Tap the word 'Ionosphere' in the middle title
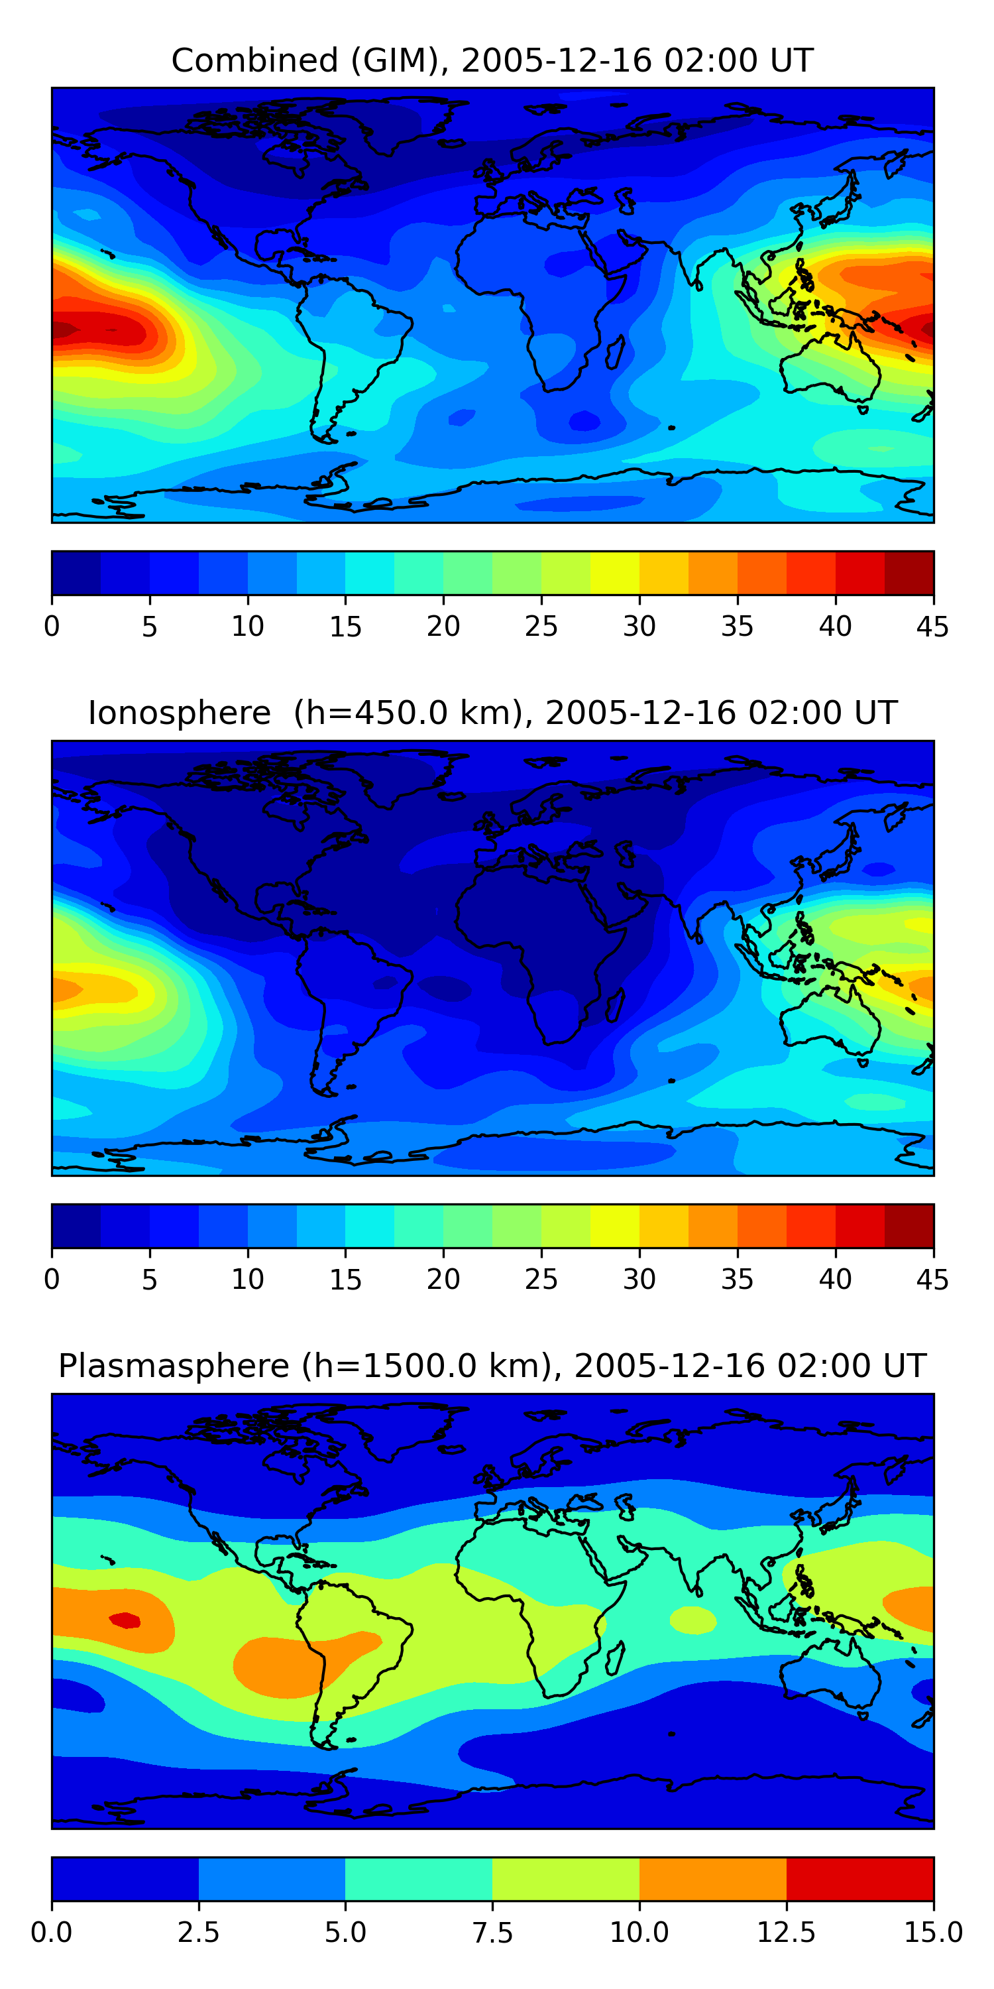(179, 713)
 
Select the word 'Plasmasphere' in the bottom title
(174, 1365)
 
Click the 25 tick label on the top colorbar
(541, 626)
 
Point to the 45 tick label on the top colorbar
(932, 626)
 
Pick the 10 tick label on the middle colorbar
(248, 1279)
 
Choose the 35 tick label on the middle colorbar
(737, 1279)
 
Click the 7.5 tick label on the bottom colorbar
(492, 1932)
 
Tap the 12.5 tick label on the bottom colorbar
(786, 1932)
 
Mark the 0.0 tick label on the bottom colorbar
(52, 1932)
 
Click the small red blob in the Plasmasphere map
(125, 1620)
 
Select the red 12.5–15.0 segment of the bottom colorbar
(859, 1878)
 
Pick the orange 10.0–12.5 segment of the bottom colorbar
(712, 1878)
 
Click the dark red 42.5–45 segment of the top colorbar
(909, 573)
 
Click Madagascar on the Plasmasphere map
(615, 1657)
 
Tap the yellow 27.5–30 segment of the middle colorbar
(615, 1225)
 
